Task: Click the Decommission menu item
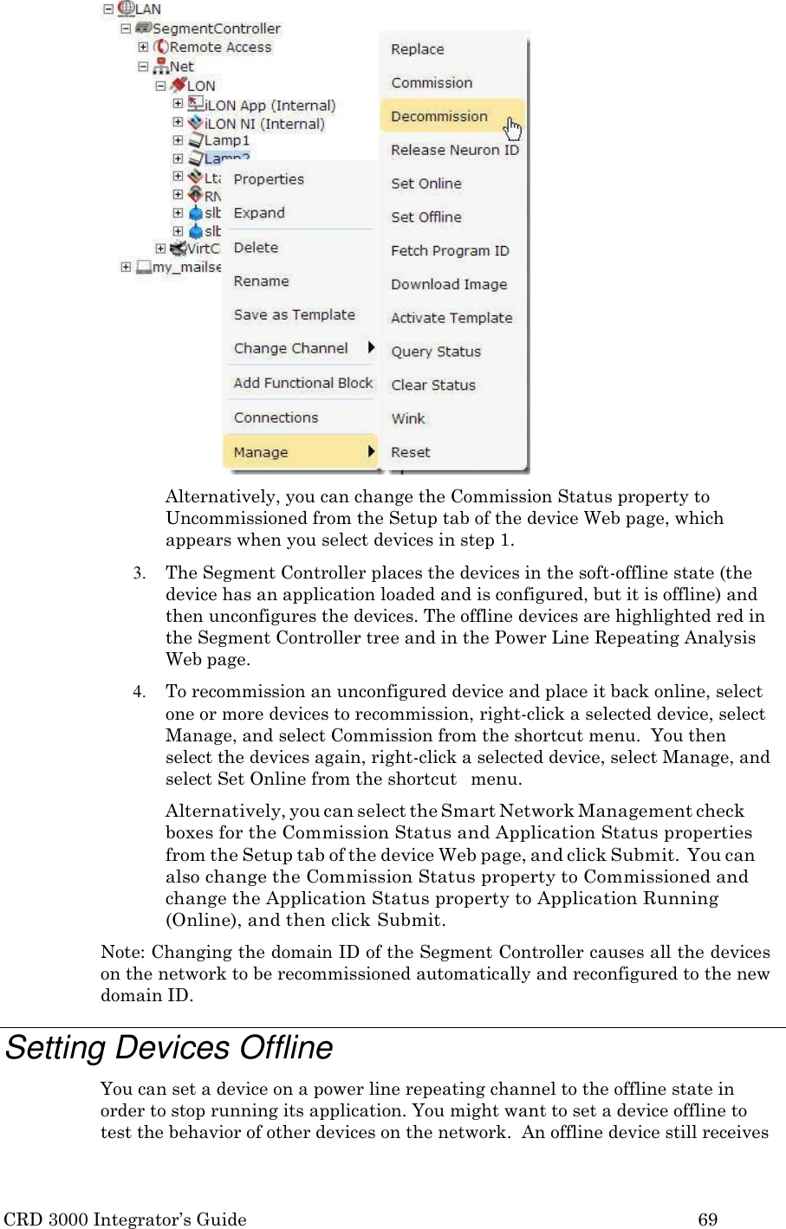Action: tap(439, 116)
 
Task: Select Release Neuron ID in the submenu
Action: tap(454, 150)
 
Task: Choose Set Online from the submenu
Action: tap(425, 184)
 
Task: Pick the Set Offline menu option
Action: tap(425, 217)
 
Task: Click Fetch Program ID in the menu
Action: tap(449, 251)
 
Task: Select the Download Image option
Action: tap(448, 285)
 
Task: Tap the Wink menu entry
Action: tap(407, 419)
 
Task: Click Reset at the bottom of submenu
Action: tap(410, 453)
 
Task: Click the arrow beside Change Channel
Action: tap(371, 348)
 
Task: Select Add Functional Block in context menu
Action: tap(302, 383)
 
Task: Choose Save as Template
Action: tap(294, 315)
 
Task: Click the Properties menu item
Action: tap(269, 179)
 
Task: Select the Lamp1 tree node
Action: tap(226, 140)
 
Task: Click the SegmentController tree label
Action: tap(216, 29)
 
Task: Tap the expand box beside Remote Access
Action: tap(144, 48)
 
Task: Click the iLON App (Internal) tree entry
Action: tap(269, 106)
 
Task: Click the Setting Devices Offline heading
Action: tap(169, 1048)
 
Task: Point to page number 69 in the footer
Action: tap(707, 1219)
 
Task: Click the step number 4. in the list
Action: tap(139, 692)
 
